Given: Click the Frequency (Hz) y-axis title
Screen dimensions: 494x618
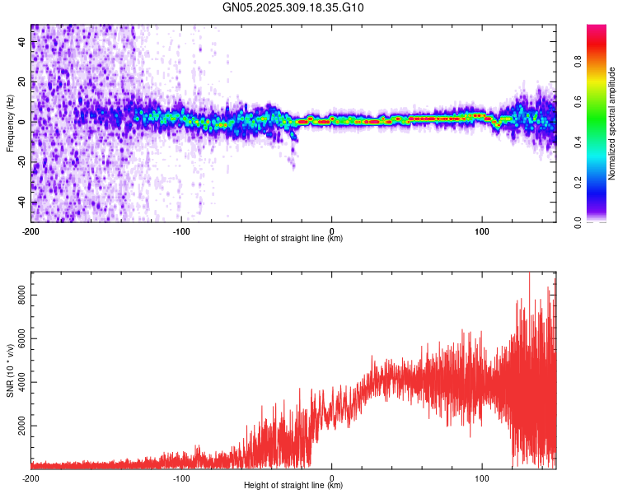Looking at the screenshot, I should (x=9, y=123).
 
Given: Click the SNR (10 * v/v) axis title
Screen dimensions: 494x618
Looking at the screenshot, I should (x=9, y=370).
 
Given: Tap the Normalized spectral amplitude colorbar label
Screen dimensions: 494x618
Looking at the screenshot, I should (x=612, y=123).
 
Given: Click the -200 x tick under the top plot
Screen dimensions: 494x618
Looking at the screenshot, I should (x=31, y=231).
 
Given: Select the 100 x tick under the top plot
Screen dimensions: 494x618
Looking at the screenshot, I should (x=482, y=231).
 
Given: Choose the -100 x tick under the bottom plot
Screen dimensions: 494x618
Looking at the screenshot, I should (x=181, y=477).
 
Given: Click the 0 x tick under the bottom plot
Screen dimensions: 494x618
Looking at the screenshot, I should (x=332, y=477).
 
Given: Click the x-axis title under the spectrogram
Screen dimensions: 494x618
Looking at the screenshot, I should (x=293, y=239).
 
